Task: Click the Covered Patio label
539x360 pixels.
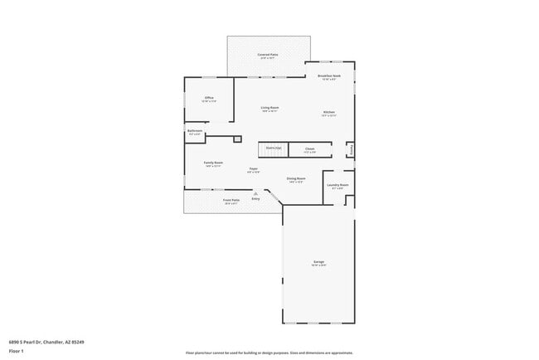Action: pyautogui.click(x=269, y=55)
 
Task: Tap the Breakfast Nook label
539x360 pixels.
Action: pyautogui.click(x=328, y=76)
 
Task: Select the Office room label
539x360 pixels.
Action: pyautogui.click(x=209, y=98)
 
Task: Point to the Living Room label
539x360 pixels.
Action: pyautogui.click(x=269, y=108)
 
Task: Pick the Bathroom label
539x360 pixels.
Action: pyautogui.click(x=195, y=131)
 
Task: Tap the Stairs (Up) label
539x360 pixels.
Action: pyautogui.click(x=273, y=148)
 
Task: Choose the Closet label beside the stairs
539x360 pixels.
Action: pyautogui.click(x=309, y=148)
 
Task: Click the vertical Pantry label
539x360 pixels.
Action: pyautogui.click(x=352, y=150)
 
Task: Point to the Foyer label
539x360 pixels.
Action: pyautogui.click(x=253, y=169)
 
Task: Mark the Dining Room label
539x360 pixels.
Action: pyautogui.click(x=296, y=178)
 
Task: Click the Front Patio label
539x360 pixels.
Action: pyautogui.click(x=231, y=200)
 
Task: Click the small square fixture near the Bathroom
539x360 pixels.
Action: pyautogui.click(x=236, y=139)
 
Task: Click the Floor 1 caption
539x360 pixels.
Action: pyautogui.click(x=16, y=351)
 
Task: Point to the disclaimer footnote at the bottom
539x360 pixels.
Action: pyautogui.click(x=269, y=353)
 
